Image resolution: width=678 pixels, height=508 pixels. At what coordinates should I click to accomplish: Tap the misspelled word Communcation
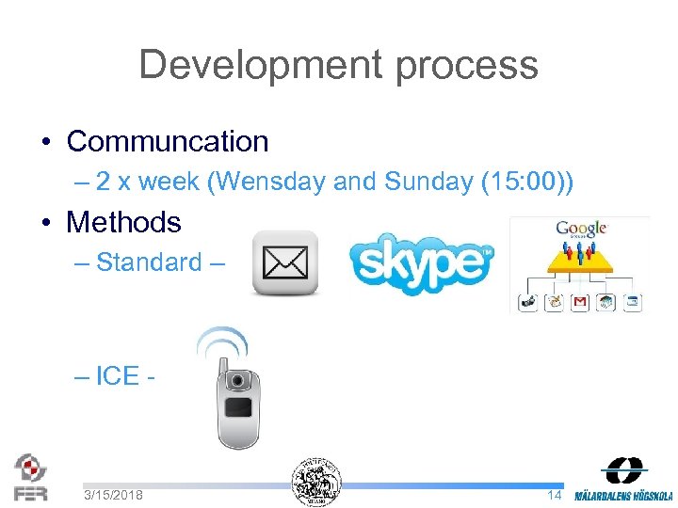168,142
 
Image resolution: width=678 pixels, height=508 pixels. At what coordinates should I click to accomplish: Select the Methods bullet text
123,223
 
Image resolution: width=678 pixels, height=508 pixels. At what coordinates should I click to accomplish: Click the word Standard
149,262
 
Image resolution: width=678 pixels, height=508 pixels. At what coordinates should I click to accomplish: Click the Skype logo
421,262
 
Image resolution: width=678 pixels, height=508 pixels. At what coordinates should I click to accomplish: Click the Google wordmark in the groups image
580,228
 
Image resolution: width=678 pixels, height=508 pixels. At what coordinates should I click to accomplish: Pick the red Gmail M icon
580,302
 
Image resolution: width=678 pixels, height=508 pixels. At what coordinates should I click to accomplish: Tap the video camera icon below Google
527,302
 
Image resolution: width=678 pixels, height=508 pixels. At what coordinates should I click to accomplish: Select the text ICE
117,375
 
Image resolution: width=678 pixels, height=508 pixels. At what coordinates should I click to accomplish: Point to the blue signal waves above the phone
222,341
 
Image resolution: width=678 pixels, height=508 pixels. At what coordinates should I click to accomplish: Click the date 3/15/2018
113,494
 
